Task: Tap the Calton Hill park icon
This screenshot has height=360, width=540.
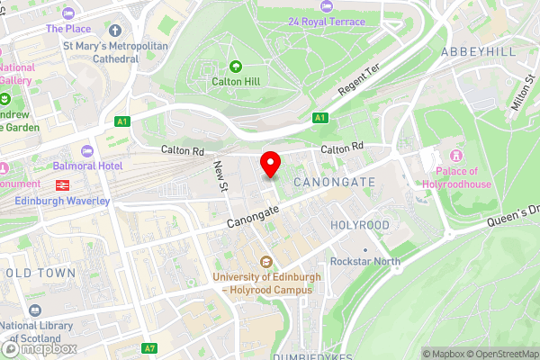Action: [236, 66]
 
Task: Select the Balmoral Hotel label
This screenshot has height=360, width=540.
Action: [114, 166]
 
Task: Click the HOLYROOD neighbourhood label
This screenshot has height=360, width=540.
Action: [360, 224]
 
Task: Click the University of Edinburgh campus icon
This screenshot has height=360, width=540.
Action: [266, 262]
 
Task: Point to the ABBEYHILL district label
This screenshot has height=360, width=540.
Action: [479, 52]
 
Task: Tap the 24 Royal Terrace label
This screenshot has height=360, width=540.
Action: [327, 20]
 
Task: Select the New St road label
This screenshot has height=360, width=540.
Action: [220, 175]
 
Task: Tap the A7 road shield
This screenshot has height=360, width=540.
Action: [150, 348]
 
